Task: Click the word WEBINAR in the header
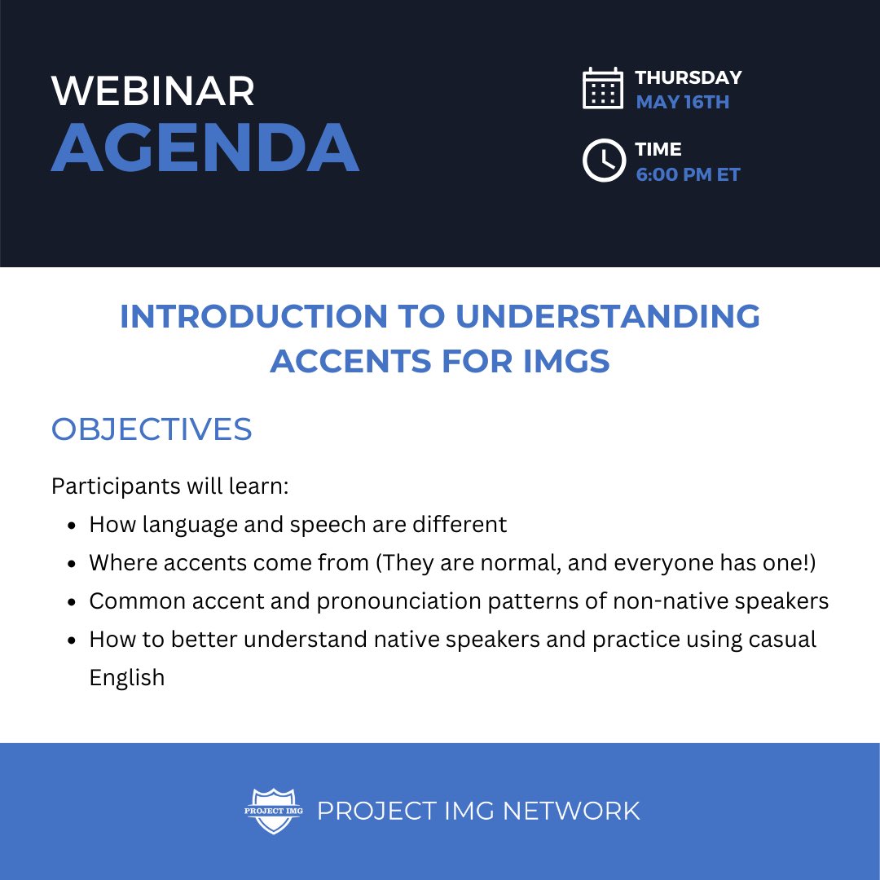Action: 153,91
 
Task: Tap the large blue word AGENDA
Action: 205,148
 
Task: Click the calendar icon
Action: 603,88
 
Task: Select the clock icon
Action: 603,161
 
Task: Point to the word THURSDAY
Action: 689,78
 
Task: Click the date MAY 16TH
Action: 682,103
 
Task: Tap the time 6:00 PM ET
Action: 688,174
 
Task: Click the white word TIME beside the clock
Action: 658,150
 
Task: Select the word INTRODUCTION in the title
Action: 254,317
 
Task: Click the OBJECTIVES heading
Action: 152,429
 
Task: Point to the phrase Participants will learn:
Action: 170,486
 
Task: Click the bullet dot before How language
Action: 73,525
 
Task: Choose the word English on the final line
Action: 127,678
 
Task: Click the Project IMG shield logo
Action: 274,811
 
